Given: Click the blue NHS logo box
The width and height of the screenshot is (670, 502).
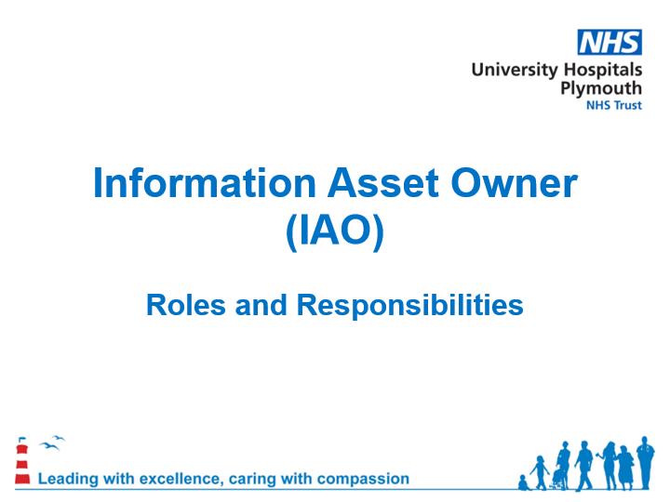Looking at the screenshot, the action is click(610, 42).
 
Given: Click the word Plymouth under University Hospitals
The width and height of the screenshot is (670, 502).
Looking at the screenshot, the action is click(601, 89).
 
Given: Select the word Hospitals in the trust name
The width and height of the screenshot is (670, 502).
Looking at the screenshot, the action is click(602, 70).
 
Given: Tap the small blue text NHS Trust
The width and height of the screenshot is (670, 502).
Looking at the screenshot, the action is click(613, 105).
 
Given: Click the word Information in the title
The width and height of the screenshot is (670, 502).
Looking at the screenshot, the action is click(204, 183).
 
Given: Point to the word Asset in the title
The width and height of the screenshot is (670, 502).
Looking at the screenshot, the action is click(383, 183).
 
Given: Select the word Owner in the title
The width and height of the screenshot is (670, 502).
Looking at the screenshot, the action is click(514, 183).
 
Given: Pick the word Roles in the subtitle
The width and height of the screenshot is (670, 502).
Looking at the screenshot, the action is click(186, 305).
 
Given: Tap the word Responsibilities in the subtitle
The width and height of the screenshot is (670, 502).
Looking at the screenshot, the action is click(410, 305).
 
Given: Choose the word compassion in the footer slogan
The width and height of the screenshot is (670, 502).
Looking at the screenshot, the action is click(363, 480).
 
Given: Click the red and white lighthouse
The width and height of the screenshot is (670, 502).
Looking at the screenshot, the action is click(22, 463).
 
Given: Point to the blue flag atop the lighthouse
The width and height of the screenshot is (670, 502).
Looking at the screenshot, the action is click(21, 439).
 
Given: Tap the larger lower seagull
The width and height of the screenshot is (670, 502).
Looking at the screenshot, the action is click(49, 446).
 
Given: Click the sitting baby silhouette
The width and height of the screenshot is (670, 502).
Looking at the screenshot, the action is click(523, 482).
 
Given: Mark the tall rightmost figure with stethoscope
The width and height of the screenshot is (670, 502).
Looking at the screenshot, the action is click(645, 462).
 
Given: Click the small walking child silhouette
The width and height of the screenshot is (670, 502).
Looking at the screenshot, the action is click(540, 472).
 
